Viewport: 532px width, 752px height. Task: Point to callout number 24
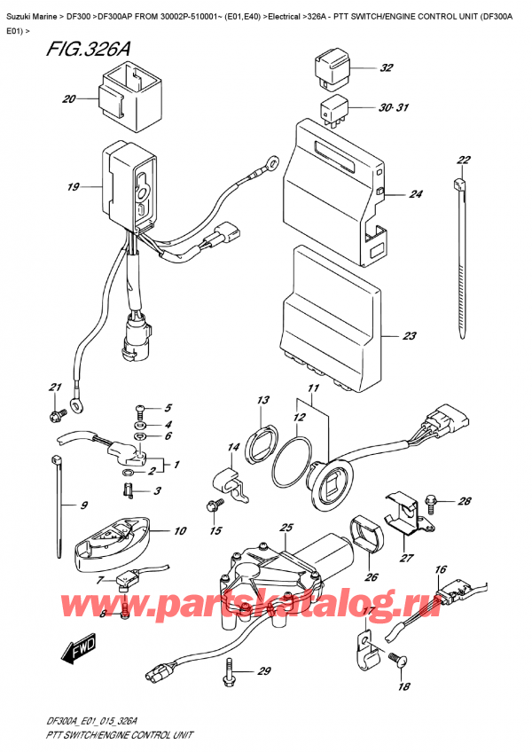click(415, 195)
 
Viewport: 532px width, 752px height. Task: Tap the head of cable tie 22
click(459, 186)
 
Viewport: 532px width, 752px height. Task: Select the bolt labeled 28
click(432, 502)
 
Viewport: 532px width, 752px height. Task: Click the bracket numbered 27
click(401, 521)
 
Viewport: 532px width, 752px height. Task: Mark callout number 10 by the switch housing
click(181, 531)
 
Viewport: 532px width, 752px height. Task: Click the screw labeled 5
click(139, 410)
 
